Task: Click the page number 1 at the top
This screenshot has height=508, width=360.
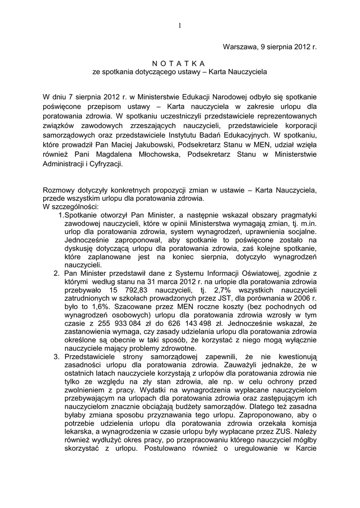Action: click(180, 25)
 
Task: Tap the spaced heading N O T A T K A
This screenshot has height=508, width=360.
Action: click(180, 63)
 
